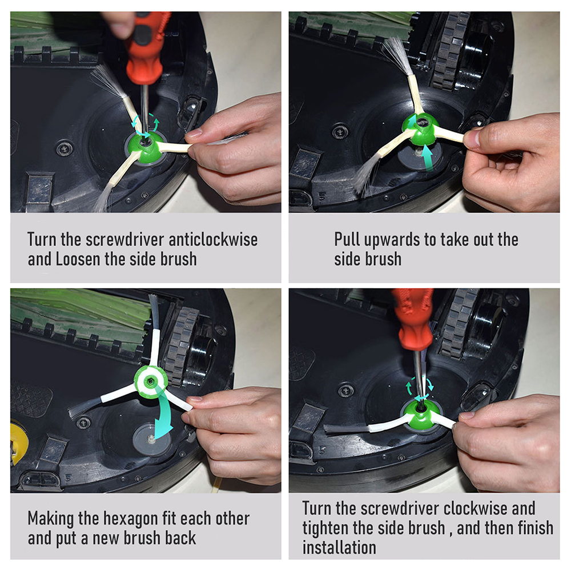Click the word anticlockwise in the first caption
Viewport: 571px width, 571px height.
[213, 240]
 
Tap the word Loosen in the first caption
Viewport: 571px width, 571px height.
[78, 259]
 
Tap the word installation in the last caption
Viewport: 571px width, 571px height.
[339, 548]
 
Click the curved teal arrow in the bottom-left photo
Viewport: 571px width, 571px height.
[164, 412]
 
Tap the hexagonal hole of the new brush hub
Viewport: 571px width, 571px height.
[150, 381]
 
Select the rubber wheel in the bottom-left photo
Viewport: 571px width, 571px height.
[181, 346]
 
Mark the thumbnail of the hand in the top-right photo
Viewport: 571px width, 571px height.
[472, 139]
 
